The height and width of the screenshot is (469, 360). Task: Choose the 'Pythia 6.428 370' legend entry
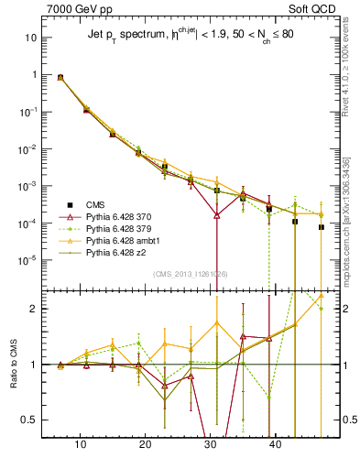[118, 217]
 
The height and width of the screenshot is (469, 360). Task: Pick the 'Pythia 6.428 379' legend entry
[118, 229]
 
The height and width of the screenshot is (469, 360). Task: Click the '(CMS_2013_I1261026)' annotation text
[191, 273]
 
